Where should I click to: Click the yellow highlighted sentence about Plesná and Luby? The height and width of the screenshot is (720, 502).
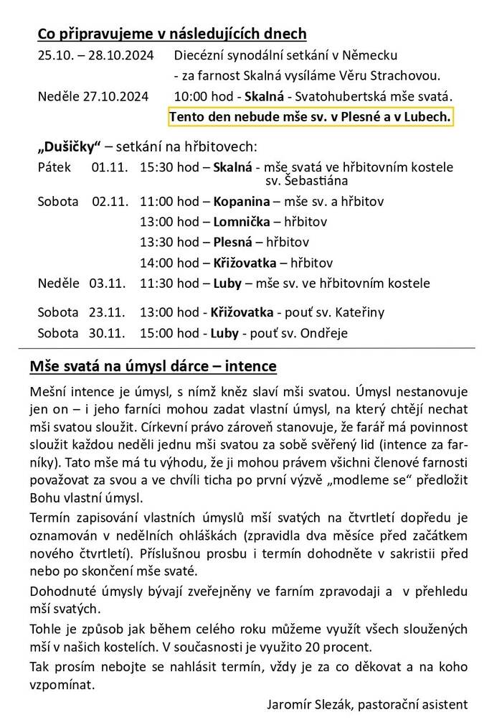pos(311,116)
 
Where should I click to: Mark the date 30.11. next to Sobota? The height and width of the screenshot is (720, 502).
pos(108,334)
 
